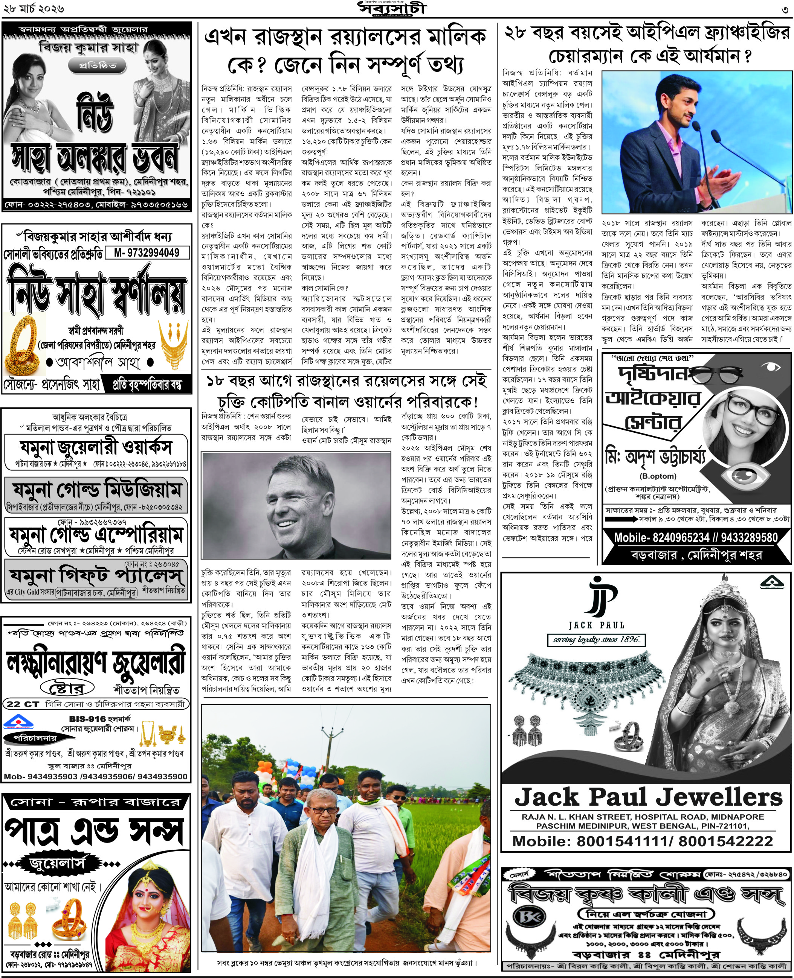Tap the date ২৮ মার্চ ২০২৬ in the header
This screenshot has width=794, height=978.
pos(32,9)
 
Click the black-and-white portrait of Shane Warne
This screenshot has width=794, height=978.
pos(296,505)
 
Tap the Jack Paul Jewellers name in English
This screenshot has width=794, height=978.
pos(648,797)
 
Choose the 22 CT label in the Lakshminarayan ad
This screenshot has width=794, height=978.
pos(23,704)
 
